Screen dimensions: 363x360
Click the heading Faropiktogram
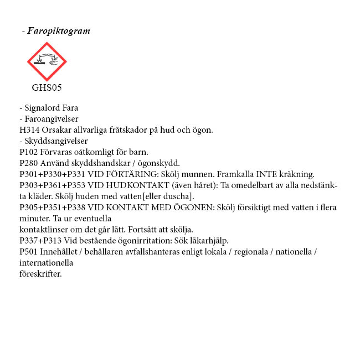coord(58,31)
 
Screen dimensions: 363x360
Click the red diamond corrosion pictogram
coord(47,61)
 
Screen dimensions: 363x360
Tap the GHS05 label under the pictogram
coord(47,87)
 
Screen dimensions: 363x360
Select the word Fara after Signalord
coord(70,108)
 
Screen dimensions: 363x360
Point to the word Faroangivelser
coord(52,119)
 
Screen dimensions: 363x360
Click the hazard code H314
coord(29,130)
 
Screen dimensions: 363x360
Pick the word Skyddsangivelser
coord(56,141)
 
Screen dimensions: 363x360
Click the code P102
coord(29,152)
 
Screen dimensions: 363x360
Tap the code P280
coord(29,163)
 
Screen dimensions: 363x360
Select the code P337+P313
coord(40,241)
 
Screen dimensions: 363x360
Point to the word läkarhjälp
coord(208,241)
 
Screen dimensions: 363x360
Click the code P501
coord(29,252)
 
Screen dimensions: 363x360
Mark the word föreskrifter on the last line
coord(40,274)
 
